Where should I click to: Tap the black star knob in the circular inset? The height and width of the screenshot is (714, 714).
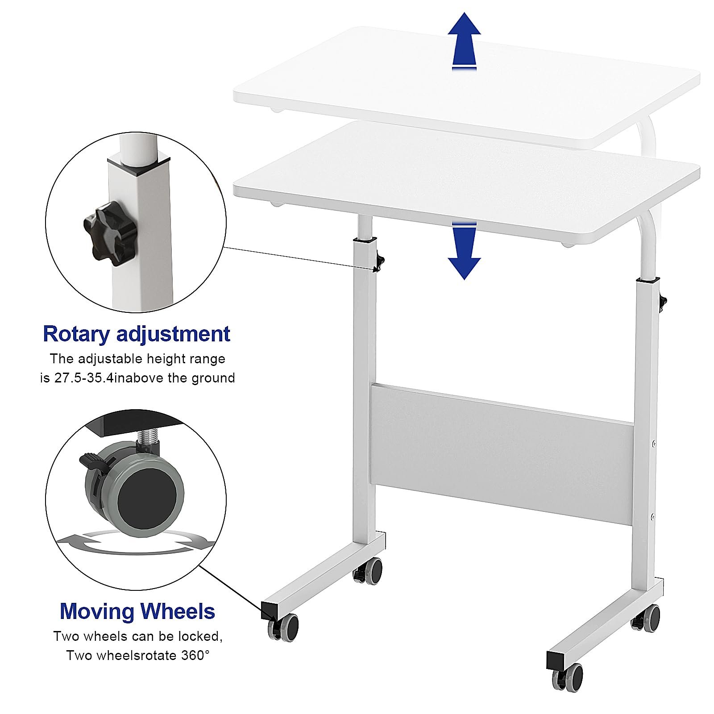(104, 233)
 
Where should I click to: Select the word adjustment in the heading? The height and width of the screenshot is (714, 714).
(173, 334)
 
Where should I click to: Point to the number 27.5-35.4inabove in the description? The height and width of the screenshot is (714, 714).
(109, 378)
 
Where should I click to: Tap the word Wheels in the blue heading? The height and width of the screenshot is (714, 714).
(176, 611)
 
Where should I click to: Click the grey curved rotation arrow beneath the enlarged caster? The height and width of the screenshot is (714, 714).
(136, 541)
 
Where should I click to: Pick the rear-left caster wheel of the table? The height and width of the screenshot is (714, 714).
(369, 570)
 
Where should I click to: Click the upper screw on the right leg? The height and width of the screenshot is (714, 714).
(653, 444)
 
